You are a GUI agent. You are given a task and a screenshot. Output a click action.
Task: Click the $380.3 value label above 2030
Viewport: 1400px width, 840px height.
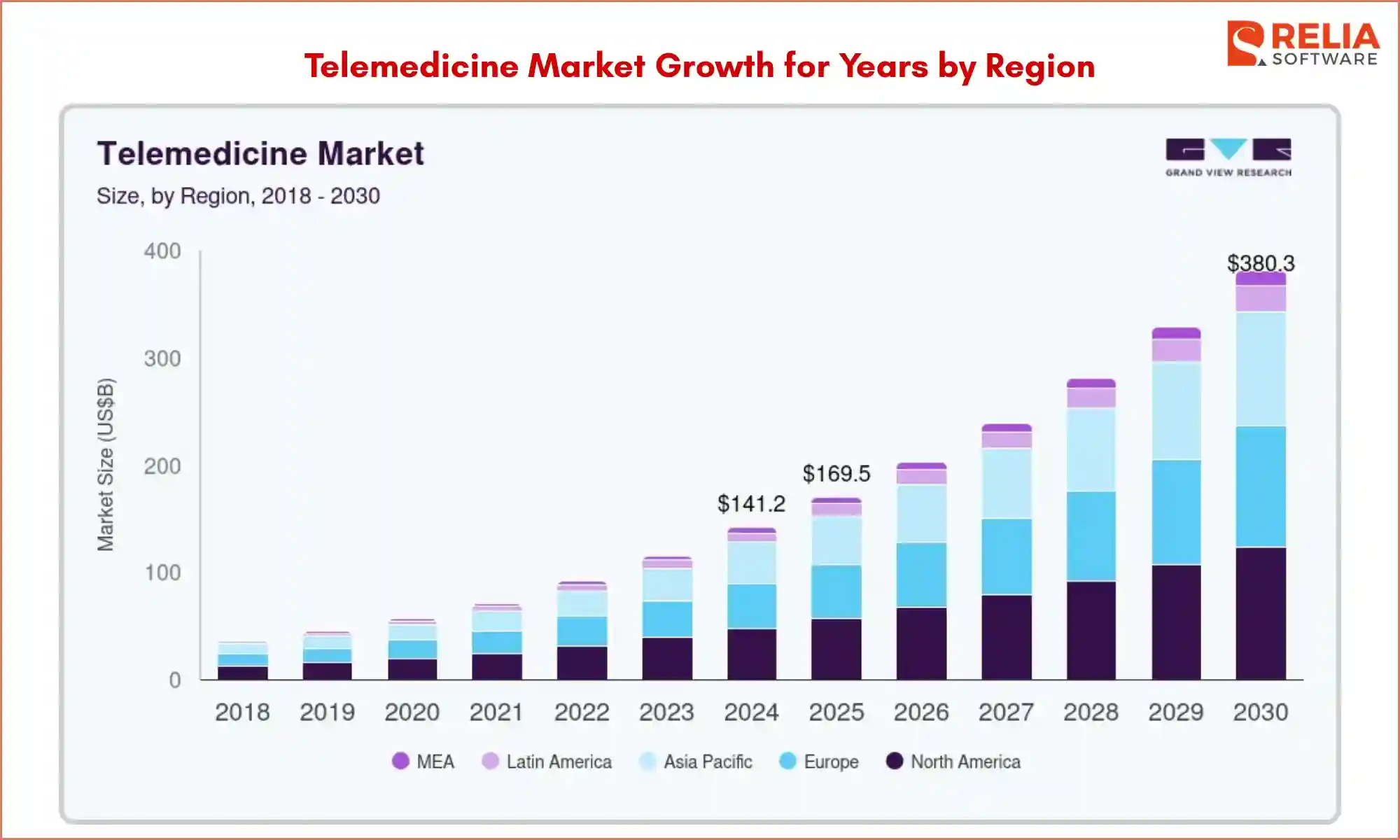click(x=1261, y=263)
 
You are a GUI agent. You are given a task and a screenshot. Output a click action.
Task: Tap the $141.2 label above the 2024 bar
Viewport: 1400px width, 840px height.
click(x=751, y=503)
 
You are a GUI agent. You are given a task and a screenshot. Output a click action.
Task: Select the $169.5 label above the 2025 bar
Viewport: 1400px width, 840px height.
click(x=836, y=474)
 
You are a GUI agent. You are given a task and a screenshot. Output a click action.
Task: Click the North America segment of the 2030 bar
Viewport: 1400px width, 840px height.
click(x=1261, y=613)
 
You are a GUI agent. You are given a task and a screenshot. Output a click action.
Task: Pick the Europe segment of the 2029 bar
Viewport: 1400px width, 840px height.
click(x=1176, y=512)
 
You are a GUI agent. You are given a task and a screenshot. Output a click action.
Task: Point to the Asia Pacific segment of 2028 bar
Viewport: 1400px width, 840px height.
click(x=1091, y=449)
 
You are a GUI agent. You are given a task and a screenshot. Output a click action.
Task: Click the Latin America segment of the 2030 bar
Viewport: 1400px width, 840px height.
click(x=1261, y=298)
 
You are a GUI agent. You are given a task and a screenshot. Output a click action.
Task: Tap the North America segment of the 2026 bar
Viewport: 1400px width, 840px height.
click(x=921, y=643)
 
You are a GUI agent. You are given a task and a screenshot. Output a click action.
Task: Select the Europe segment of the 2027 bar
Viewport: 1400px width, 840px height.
click(x=1006, y=556)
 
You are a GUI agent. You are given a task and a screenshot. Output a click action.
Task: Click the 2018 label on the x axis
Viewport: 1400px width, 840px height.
click(x=242, y=713)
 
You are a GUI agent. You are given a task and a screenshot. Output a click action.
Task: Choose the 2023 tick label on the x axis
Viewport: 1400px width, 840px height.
click(x=666, y=713)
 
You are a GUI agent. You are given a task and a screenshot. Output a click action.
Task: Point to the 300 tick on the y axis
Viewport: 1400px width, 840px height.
click(x=162, y=359)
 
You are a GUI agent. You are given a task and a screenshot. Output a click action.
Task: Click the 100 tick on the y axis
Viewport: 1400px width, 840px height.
click(x=162, y=573)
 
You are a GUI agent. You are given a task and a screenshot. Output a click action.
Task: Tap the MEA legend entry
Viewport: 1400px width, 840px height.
click(x=423, y=762)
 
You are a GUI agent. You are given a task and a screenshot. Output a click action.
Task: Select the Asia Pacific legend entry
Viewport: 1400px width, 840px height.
click(x=696, y=762)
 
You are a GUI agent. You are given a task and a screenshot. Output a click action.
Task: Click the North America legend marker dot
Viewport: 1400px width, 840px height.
click(x=894, y=761)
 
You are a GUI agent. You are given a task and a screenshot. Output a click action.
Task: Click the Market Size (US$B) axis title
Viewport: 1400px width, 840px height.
click(x=105, y=465)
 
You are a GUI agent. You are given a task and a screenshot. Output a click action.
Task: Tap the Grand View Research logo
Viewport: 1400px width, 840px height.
click(x=1228, y=157)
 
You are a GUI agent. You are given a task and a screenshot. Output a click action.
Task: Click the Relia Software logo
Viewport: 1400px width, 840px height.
click(x=1303, y=44)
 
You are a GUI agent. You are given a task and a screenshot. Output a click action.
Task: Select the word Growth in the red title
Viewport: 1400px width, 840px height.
click(x=715, y=66)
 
